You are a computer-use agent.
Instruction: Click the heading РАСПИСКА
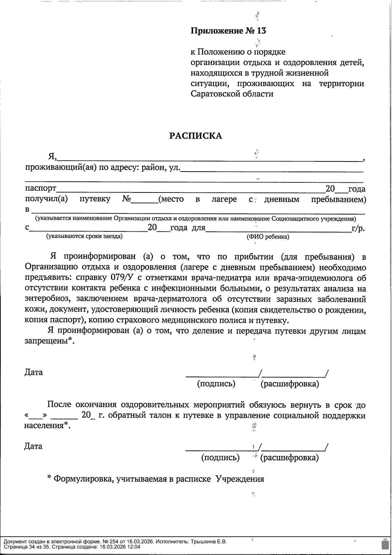195,136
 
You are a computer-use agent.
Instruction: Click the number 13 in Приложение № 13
262,31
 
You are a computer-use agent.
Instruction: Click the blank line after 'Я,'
209,158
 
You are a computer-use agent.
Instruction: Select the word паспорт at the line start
41,189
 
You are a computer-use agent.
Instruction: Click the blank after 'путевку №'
145,199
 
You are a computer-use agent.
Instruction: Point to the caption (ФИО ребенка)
268,237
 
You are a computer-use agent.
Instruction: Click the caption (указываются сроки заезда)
84,236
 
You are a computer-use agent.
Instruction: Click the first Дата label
34,372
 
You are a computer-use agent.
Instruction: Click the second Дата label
33,446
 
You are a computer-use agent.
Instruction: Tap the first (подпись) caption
216,383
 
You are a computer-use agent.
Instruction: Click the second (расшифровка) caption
289,457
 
